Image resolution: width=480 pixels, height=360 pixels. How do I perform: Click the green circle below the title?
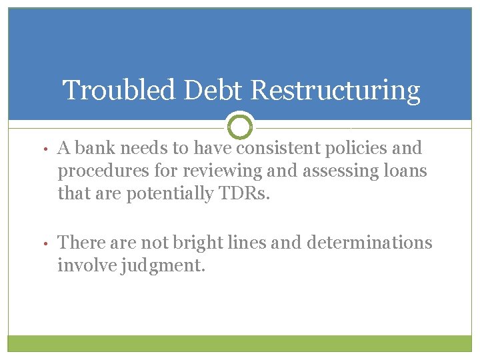point(240,126)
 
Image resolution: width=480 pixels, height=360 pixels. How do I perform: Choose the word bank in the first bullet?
point(94,147)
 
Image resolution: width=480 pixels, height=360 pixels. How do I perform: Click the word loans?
point(405,171)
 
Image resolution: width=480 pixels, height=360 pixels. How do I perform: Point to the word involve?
point(83,267)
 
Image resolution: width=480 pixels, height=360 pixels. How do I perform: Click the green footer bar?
point(240,343)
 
